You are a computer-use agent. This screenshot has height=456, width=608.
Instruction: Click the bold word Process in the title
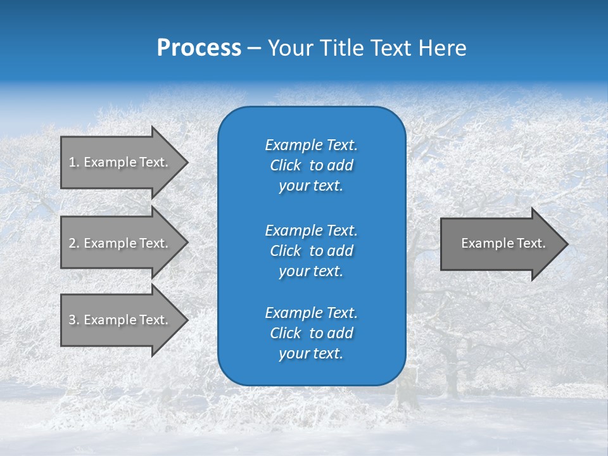tap(199, 48)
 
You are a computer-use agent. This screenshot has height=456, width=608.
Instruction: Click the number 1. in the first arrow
tap(74, 162)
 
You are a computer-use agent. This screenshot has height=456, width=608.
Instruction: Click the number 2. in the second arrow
tap(74, 243)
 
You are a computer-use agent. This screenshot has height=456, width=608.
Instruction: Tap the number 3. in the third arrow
tap(74, 320)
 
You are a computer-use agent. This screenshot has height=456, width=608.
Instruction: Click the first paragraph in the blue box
tap(311, 165)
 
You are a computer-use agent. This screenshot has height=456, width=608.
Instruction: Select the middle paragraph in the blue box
tap(311, 251)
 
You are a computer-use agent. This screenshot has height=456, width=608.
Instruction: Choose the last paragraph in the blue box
tap(311, 333)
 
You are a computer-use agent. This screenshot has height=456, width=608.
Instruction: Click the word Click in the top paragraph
tap(285, 165)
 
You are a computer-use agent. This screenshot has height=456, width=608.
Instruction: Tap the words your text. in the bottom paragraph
tap(311, 354)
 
